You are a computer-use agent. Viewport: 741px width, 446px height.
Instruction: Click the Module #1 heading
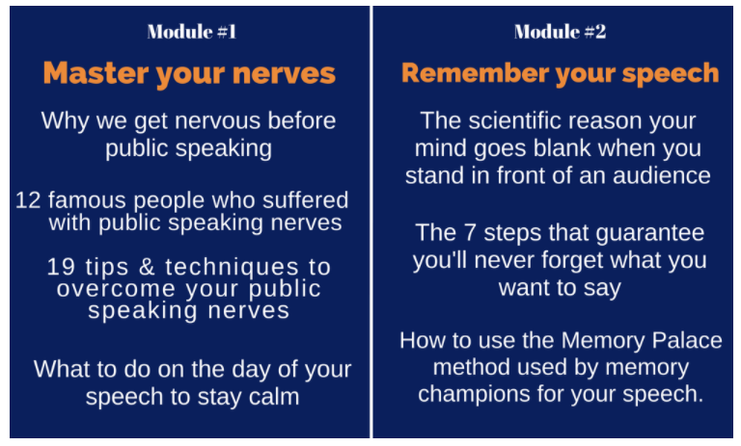(x=192, y=32)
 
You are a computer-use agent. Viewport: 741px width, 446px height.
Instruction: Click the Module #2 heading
(x=560, y=32)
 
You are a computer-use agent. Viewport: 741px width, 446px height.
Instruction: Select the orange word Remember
(x=475, y=72)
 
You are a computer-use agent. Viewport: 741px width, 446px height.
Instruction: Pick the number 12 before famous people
(x=28, y=200)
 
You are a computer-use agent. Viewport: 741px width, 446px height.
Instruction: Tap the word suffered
(x=305, y=199)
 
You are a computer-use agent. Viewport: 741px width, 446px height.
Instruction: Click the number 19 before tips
(x=61, y=267)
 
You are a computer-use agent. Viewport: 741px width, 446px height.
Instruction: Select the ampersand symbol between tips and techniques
(x=147, y=267)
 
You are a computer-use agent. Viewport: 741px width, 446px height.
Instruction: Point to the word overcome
(x=116, y=289)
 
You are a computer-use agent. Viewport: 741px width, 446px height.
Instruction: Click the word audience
(x=662, y=175)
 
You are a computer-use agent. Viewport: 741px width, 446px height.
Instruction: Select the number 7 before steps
(x=469, y=233)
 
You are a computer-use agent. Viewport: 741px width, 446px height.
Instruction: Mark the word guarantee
(x=650, y=234)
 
